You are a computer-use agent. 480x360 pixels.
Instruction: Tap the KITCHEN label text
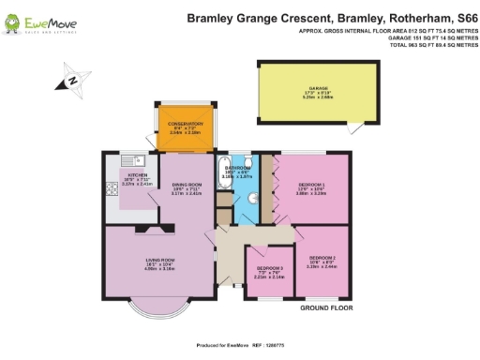click(137, 174)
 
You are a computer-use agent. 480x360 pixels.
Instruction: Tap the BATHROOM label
click(237, 169)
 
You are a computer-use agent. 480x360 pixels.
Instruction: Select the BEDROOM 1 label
click(312, 186)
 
